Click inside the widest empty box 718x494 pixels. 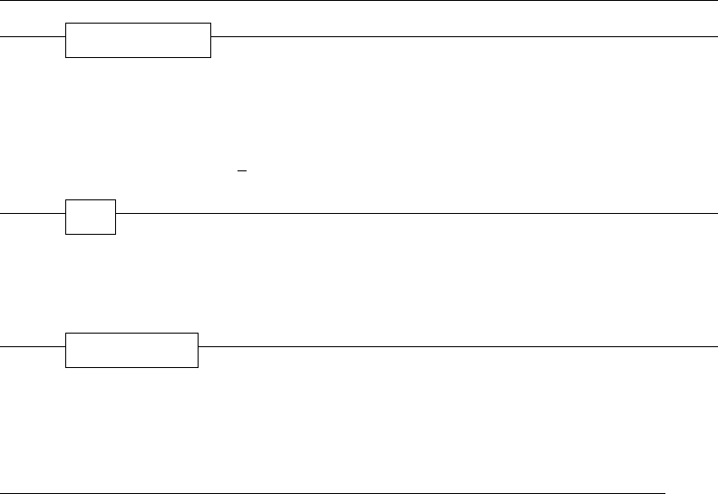[138, 40]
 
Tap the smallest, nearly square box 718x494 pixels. [91, 217]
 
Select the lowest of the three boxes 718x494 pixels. [131, 350]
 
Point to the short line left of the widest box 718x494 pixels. [33, 37]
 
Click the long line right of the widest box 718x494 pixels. [462, 37]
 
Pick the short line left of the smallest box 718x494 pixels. [33, 213]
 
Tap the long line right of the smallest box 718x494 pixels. [417, 213]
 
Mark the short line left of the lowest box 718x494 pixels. [33, 346]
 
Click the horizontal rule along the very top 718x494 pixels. [359, 1]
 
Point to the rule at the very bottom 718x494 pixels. [333, 493]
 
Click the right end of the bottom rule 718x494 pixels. [665, 493]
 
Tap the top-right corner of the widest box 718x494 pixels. [210, 24]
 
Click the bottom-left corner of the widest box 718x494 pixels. [66, 57]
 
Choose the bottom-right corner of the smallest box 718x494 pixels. [115, 234]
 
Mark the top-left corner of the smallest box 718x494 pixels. [66, 199]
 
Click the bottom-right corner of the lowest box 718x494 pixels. [198, 367]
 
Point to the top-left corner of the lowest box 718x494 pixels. [66, 334]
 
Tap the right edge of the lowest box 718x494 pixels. [198, 350]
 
